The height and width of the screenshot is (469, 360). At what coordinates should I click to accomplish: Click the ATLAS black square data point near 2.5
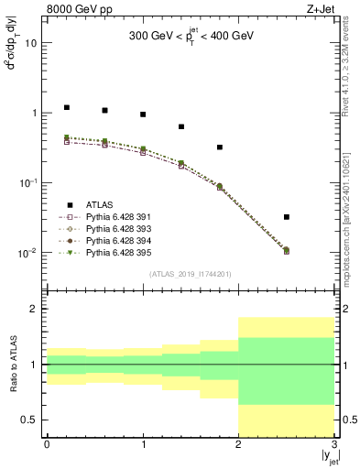coord(287,217)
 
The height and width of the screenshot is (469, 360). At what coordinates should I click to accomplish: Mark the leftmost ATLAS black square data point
coord(66,107)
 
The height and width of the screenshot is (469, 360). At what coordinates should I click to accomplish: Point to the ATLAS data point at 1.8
coord(220,147)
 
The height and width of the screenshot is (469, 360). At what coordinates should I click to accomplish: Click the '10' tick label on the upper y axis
coord(31,43)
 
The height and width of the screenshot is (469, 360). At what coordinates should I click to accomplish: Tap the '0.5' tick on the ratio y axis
coord(29,420)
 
